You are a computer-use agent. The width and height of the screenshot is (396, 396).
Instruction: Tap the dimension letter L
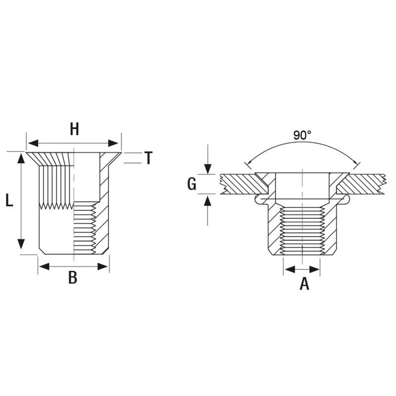[x=9, y=201]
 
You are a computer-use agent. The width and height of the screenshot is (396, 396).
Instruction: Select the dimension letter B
[x=73, y=278]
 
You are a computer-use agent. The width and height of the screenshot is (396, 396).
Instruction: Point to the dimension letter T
[x=148, y=158]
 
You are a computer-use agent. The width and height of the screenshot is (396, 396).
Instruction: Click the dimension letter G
[x=192, y=184]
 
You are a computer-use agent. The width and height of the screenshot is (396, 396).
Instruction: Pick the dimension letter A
[x=304, y=283]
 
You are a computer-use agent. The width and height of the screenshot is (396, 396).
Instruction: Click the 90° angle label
[x=302, y=135]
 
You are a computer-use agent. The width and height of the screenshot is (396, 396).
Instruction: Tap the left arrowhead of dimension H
[x=33, y=143]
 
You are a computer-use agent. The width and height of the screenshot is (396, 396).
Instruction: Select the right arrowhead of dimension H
[x=113, y=143]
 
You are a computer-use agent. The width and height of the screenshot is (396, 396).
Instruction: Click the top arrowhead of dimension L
[x=21, y=158]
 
